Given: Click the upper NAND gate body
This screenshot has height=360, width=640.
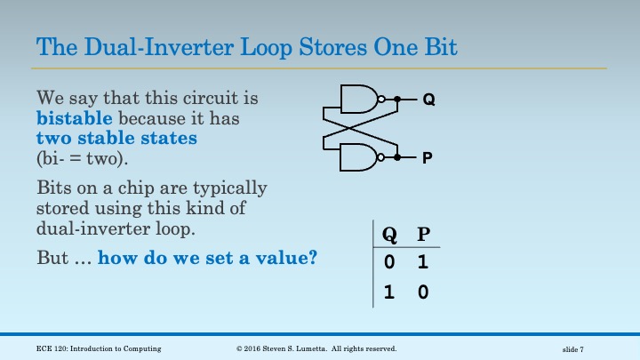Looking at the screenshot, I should pyautogui.click(x=358, y=100).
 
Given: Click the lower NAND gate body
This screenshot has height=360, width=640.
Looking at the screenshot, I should pyautogui.click(x=358, y=157).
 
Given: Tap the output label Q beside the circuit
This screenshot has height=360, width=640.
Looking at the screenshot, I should pyautogui.click(x=428, y=100).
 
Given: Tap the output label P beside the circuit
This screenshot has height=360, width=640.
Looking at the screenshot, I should pyautogui.click(x=428, y=158).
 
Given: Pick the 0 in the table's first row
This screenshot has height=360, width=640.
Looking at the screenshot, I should pyautogui.click(x=389, y=263).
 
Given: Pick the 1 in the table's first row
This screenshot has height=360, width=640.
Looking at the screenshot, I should pyautogui.click(x=423, y=263).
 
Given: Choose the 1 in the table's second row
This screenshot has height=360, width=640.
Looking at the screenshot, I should pyautogui.click(x=389, y=292).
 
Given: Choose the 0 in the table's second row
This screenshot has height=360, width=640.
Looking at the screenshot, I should pyautogui.click(x=423, y=292).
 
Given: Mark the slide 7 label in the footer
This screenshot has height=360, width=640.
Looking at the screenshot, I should pyautogui.click(x=573, y=348).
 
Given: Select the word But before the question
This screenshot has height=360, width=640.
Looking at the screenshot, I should pyautogui.click(x=52, y=259).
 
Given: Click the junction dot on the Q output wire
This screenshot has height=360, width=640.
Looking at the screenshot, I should pyautogui.click(x=397, y=100).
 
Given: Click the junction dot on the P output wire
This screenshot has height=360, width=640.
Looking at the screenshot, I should pyautogui.click(x=397, y=157).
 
